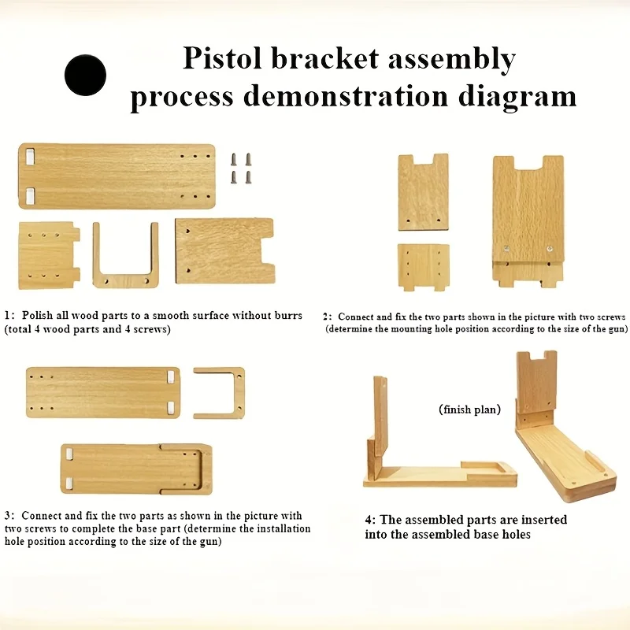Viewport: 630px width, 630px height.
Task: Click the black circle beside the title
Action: [x=86, y=75]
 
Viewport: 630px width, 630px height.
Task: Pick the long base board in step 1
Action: [x=117, y=176]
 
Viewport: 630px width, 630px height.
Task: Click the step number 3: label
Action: [x=9, y=516]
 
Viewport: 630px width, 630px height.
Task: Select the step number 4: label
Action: [x=370, y=520]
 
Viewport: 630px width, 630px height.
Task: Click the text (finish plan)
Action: [x=469, y=409]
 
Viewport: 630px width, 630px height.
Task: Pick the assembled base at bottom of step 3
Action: [x=135, y=469]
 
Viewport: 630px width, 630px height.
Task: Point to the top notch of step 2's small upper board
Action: [x=423, y=160]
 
